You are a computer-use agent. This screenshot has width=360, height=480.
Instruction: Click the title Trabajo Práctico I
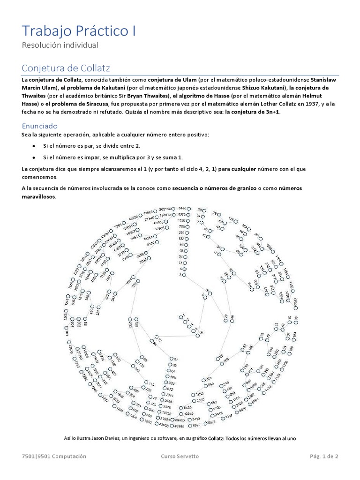(x=79, y=31)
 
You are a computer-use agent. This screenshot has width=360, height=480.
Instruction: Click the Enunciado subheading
(x=46, y=126)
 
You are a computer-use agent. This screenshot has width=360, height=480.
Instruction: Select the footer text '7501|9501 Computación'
(x=54, y=456)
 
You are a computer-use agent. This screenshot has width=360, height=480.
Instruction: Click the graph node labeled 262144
(x=173, y=208)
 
